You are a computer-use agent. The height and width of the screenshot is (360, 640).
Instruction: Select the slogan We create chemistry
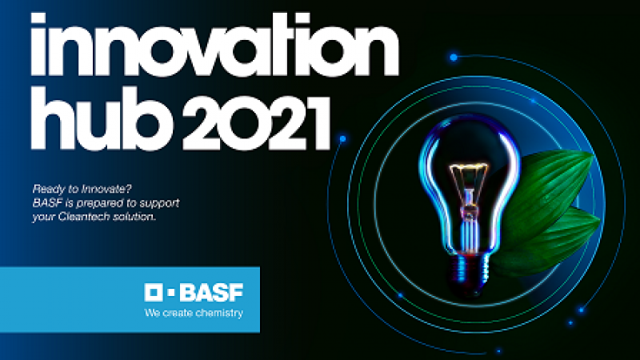coord(193,313)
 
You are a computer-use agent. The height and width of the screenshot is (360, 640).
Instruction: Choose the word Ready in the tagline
coord(46,189)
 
